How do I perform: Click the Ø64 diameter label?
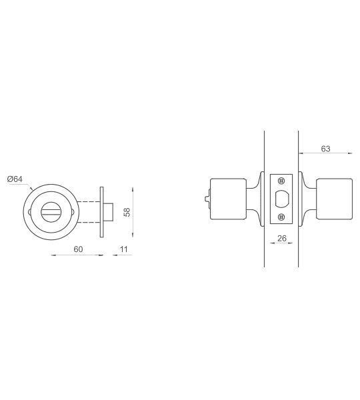point(15,179)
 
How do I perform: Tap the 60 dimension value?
point(78,249)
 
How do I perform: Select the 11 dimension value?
point(124,249)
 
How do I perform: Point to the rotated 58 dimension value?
point(127,212)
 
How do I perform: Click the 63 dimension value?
point(325,149)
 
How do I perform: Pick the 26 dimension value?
point(282,238)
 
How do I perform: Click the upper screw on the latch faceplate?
point(281,181)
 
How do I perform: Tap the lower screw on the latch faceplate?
point(281,217)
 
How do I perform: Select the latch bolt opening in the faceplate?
point(282,199)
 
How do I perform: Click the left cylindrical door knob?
point(229,199)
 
